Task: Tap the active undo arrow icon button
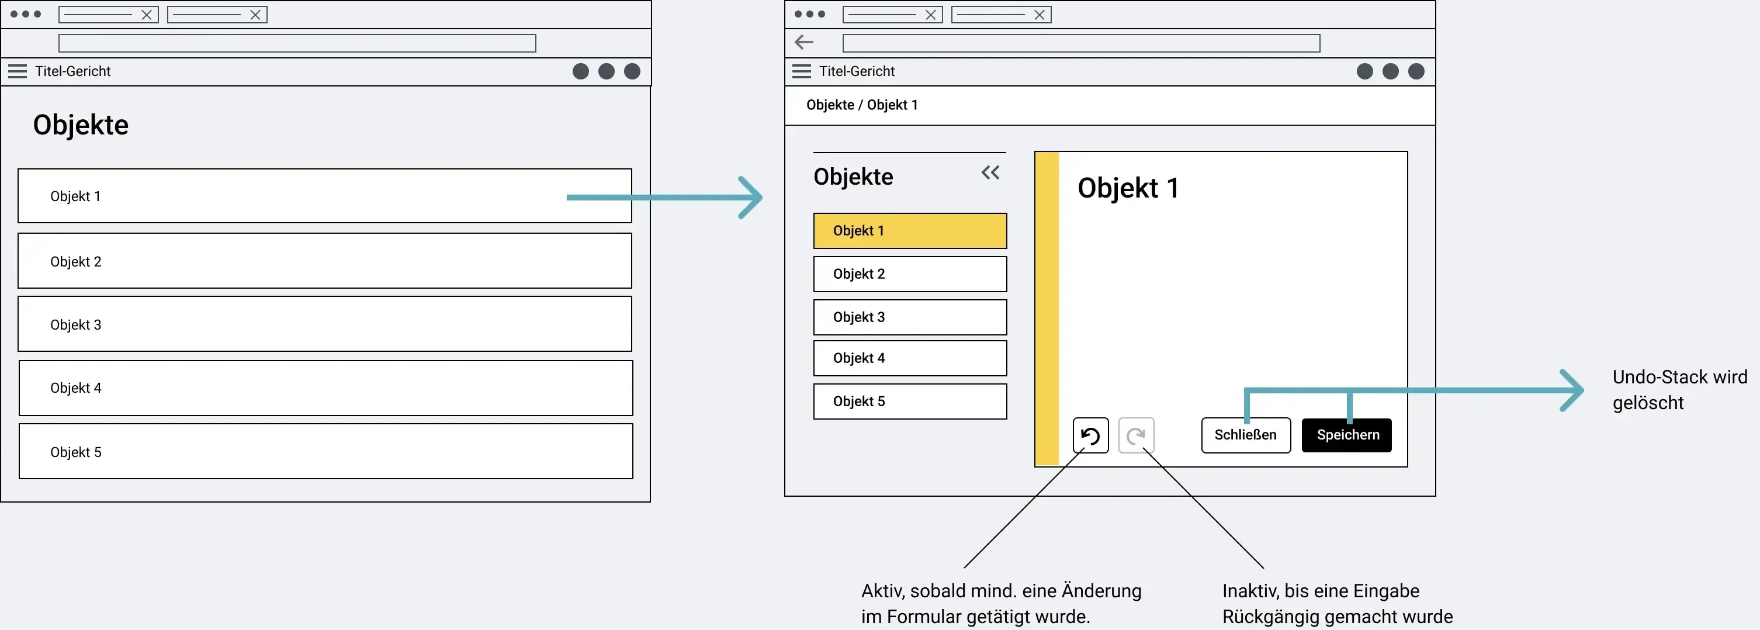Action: (x=1090, y=435)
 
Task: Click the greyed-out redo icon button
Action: (x=1136, y=435)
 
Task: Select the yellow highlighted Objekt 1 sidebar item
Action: (x=910, y=231)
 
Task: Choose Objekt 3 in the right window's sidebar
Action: (x=910, y=317)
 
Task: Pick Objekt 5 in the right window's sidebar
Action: (x=910, y=401)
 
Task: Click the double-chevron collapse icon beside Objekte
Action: (x=990, y=172)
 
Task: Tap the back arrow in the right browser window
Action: (x=804, y=42)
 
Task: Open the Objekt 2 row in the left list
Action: (x=324, y=261)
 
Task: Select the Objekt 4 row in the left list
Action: (x=326, y=387)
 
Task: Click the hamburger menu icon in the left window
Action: (x=18, y=71)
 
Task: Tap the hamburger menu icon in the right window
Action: (x=802, y=71)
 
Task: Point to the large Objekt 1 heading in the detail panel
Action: (x=1128, y=188)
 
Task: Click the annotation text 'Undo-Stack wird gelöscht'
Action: (x=1680, y=389)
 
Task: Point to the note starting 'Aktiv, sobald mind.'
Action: (x=1001, y=603)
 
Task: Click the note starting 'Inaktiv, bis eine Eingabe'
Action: (x=1337, y=603)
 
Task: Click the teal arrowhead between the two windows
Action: (x=751, y=198)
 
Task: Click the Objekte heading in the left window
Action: (x=81, y=125)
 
